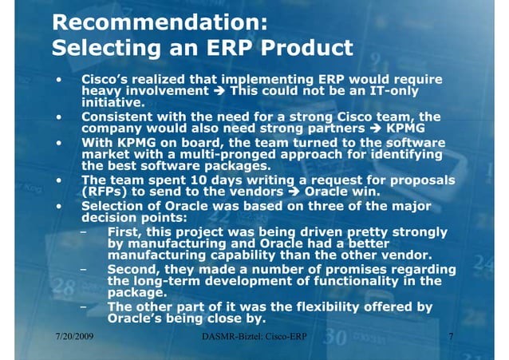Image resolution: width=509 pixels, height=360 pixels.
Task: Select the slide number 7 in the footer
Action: coord(451,338)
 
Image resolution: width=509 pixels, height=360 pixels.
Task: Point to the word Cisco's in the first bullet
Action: coord(108,81)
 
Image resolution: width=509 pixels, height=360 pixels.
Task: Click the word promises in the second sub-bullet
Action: coord(370,270)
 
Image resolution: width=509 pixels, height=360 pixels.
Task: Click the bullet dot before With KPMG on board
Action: coord(59,142)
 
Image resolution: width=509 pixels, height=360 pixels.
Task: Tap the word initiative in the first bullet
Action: coord(112,103)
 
